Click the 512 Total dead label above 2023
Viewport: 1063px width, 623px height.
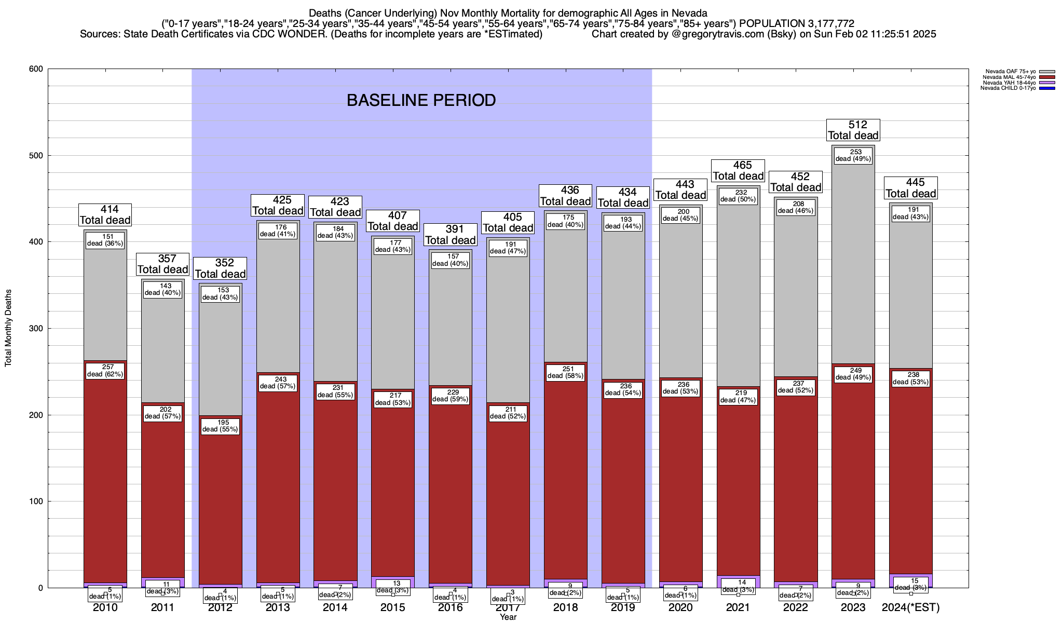click(853, 130)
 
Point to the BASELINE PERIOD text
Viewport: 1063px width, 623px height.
click(421, 100)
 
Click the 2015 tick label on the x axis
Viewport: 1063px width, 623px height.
click(393, 607)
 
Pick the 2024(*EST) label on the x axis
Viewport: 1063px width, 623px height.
click(910, 607)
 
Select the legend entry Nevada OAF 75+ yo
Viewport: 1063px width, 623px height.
click(1010, 72)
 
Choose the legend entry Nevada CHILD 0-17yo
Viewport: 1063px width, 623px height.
click(1008, 88)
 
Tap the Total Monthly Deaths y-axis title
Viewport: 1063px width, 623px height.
click(8, 328)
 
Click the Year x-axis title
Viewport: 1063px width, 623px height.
click(508, 617)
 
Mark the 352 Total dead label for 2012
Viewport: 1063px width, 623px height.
click(220, 268)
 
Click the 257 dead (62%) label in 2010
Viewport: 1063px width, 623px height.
click(105, 371)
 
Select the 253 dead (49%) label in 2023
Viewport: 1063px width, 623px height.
click(853, 156)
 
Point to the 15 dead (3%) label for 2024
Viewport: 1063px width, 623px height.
click(911, 584)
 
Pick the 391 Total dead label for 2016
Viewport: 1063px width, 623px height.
click(451, 235)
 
